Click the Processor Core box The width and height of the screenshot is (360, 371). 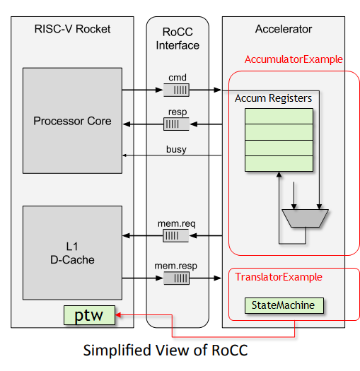(72, 121)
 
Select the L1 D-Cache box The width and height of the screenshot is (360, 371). (72, 254)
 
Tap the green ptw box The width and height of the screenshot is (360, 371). (88, 315)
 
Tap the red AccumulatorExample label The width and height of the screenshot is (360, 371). (293, 59)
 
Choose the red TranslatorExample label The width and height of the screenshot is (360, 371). (279, 277)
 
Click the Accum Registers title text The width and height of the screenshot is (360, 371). (273, 98)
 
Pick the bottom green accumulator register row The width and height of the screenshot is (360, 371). (279, 163)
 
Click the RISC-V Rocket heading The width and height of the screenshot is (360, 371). (72, 29)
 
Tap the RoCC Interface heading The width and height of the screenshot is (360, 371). (178, 39)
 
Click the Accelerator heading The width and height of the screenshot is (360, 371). (283, 29)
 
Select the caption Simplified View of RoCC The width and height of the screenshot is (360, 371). (167, 351)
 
